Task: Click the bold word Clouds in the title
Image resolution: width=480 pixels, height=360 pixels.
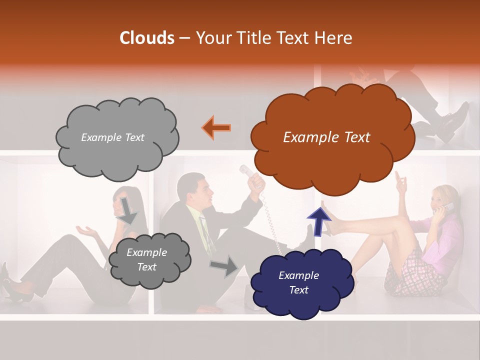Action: [147, 38]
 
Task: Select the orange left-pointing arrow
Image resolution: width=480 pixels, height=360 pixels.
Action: [216, 127]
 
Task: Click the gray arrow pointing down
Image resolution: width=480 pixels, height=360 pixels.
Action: [127, 210]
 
